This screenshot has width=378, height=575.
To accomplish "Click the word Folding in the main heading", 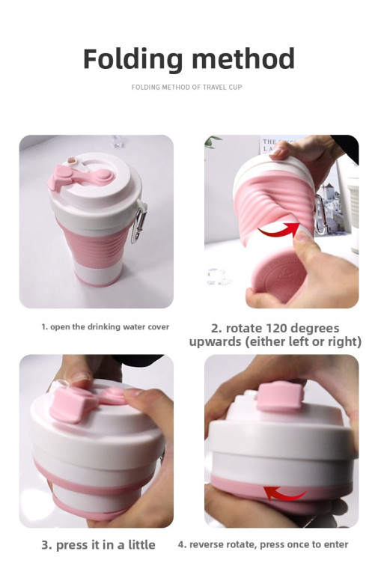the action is [132, 59].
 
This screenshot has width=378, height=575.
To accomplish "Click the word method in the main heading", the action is [243, 58].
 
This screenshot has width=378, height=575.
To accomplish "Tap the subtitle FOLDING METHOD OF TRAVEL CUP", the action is [186, 88].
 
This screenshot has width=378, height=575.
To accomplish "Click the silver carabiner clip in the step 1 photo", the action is [139, 222].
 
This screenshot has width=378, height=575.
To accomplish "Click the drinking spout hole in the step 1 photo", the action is [71, 160].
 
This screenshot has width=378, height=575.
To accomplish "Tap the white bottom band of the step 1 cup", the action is [97, 272].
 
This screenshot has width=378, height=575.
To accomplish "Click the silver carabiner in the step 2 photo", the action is [320, 216].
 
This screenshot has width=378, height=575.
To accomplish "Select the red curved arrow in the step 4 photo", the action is [284, 493].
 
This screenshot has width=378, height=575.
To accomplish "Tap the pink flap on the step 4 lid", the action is [280, 395].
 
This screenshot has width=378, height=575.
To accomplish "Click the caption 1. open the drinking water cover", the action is [106, 326].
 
